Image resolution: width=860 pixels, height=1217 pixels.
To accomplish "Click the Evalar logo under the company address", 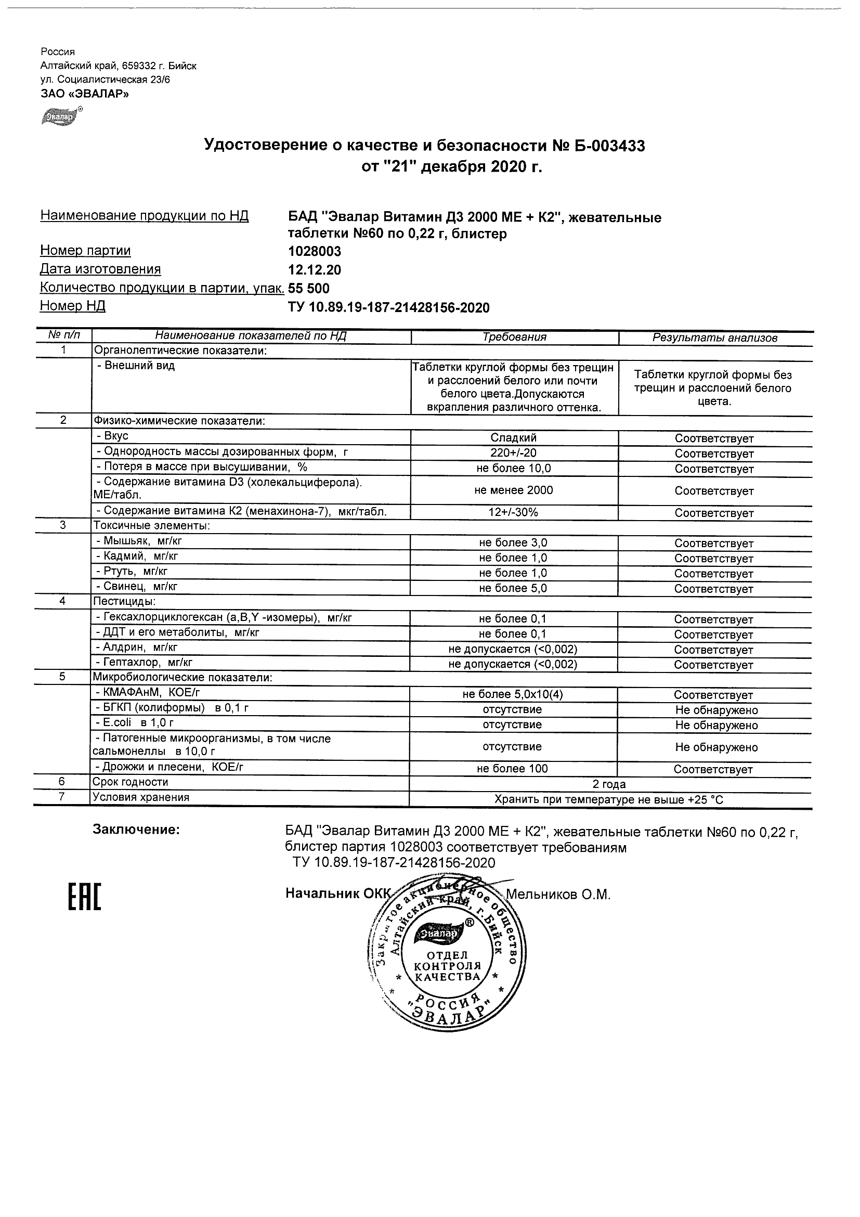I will point(60,116).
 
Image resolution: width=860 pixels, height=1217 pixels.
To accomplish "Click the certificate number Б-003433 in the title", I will point(609,146).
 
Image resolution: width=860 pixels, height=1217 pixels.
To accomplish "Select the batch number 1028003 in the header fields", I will point(314,251).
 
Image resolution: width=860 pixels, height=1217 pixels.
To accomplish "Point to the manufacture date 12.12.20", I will point(314,270).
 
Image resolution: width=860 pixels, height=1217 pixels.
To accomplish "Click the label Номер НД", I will point(73,306).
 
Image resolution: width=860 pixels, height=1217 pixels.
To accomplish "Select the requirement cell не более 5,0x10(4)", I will point(512,695).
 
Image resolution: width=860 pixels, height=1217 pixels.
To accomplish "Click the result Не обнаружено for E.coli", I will point(716,726).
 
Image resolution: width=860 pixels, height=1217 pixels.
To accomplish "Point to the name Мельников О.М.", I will point(558,895).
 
